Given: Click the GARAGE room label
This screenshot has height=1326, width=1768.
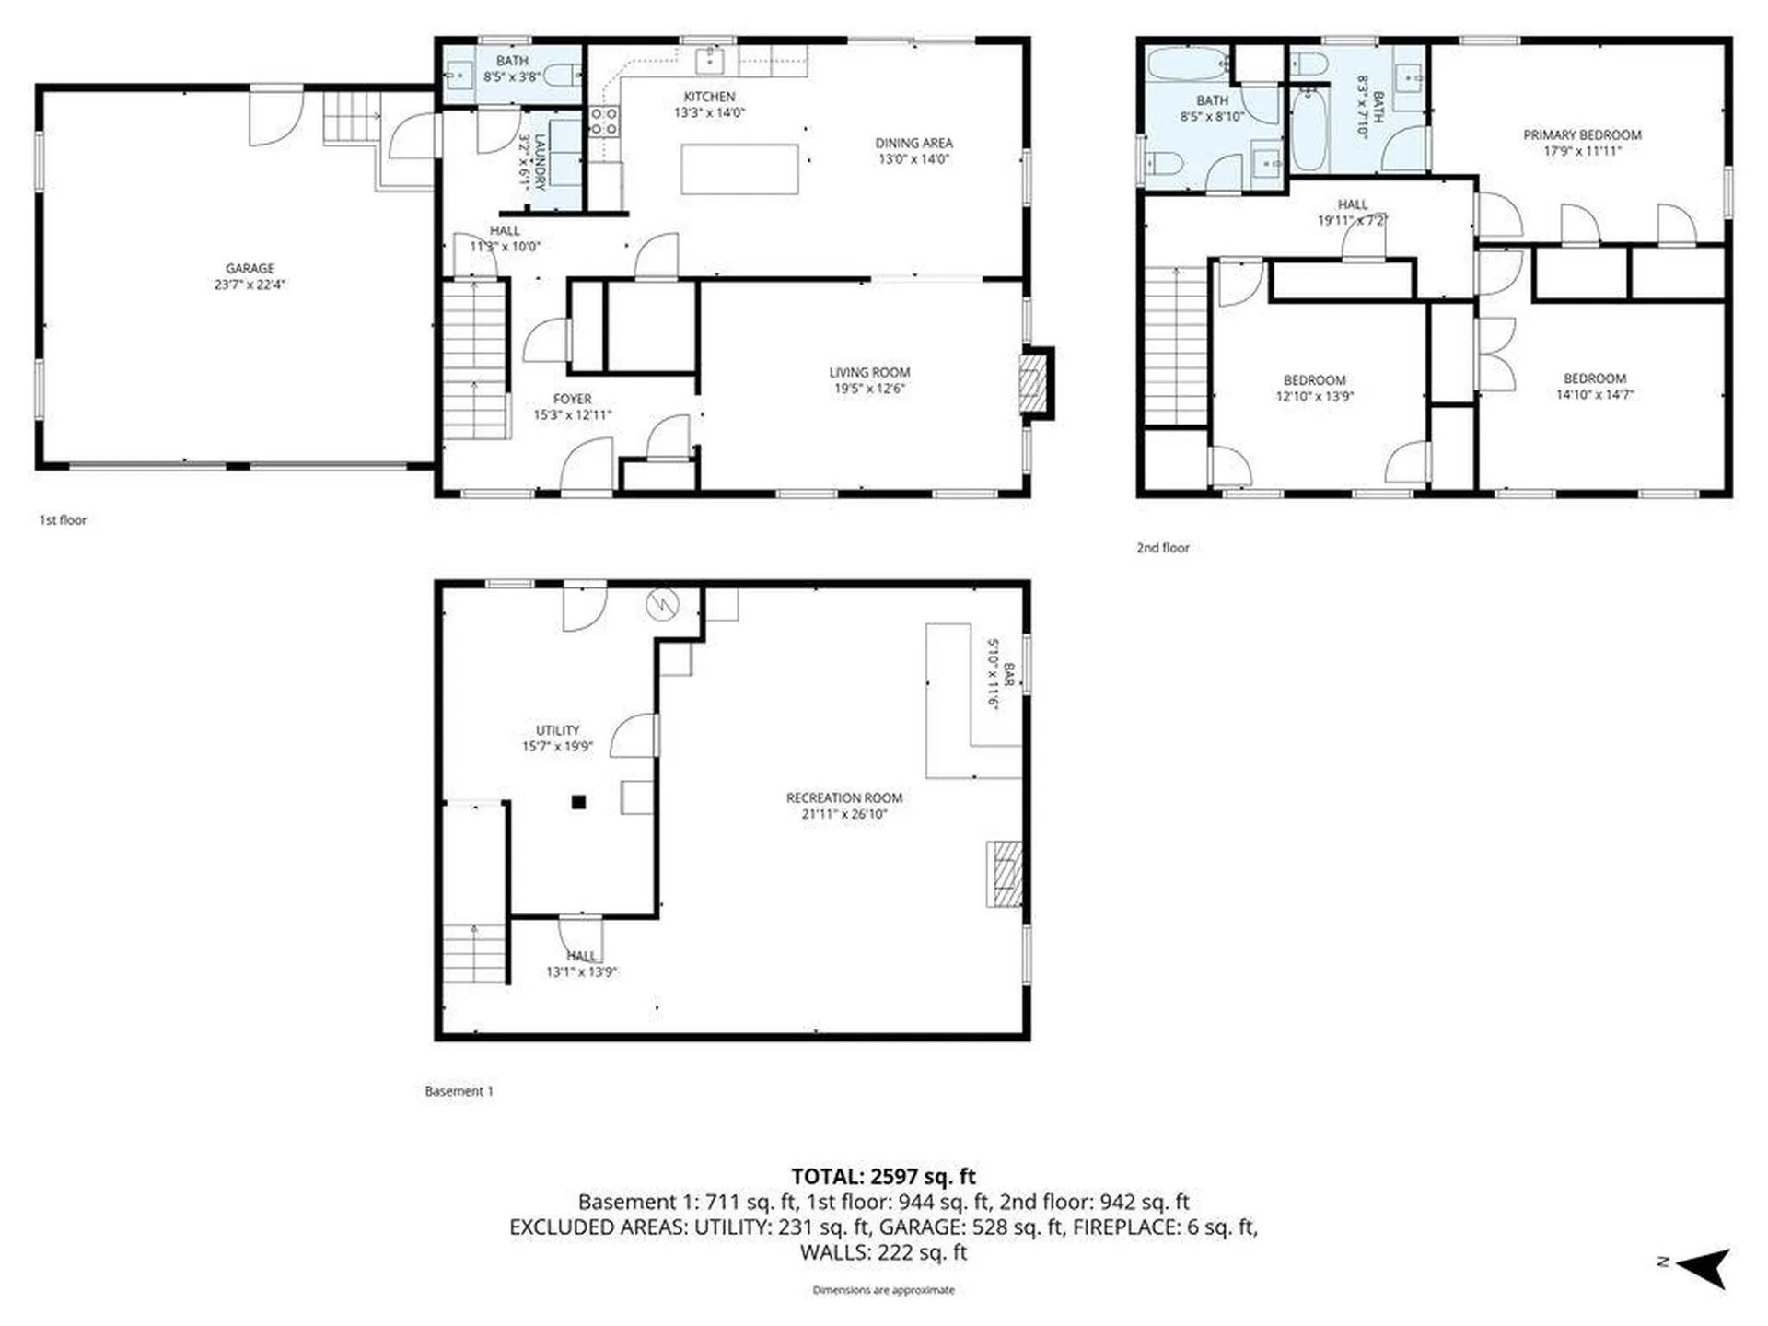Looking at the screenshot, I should tap(250, 269).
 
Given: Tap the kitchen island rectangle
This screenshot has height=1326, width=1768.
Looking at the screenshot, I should tap(739, 169).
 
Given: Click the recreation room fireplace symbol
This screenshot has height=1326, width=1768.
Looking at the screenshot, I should tap(1005, 874).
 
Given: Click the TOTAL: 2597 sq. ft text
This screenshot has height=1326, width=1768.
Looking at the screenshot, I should tap(883, 1176).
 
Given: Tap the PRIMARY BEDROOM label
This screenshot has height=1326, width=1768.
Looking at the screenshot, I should tap(1581, 134).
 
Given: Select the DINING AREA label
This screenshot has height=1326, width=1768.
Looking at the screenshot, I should tap(913, 143).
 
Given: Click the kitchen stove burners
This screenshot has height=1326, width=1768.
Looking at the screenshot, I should tap(604, 121).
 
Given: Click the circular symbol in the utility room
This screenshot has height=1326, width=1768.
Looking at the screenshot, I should tap(662, 605).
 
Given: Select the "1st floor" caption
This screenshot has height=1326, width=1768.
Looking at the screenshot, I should tap(63, 519).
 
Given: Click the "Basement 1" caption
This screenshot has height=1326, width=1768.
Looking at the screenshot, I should tap(459, 1090).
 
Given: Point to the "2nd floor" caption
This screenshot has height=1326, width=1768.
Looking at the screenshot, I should tap(1162, 547).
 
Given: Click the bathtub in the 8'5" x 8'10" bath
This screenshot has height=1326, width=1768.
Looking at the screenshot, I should tap(1187, 64).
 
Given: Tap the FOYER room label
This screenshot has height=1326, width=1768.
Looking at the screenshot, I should tap(572, 399).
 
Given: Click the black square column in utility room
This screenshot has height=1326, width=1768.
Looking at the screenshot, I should tap(578, 802).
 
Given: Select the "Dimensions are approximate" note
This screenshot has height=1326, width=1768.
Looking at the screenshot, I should tap(883, 1290).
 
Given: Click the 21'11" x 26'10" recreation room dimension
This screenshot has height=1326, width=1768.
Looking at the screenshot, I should tap(843, 814).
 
